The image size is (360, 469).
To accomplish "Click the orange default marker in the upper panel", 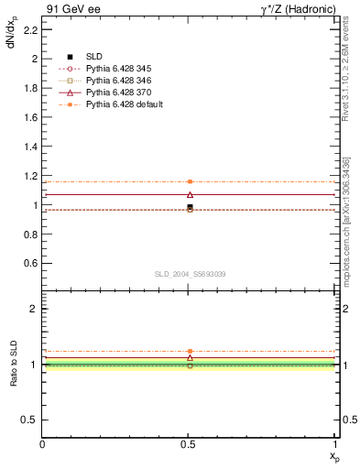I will point(190,181).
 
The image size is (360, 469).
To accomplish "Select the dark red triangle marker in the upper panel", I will point(190,194).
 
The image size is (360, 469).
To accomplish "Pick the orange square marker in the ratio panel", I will point(190,351).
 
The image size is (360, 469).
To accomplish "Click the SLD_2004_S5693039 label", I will point(190,274).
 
